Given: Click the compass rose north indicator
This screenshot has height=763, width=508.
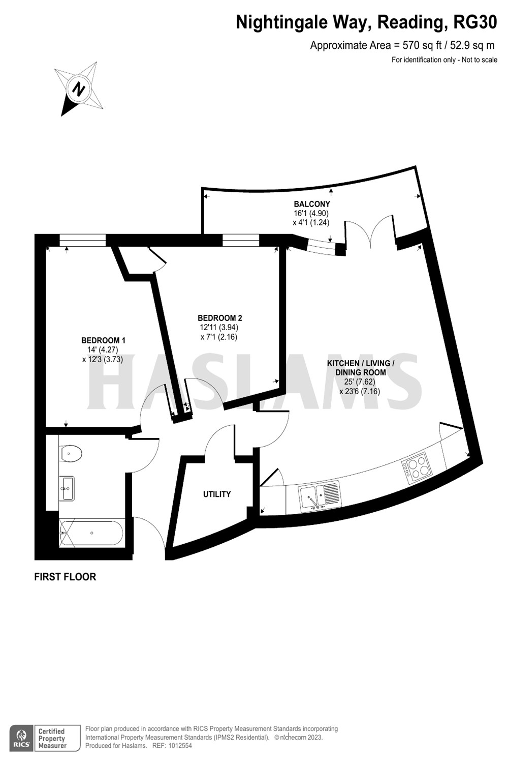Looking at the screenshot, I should click(79, 89).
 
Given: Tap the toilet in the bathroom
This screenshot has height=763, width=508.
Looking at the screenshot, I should click(71, 453).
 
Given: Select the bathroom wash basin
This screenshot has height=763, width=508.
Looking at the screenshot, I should click(66, 488).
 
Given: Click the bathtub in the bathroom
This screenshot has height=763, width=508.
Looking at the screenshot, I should click(91, 533).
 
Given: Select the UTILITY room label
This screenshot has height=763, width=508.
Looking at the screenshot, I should click(217, 494).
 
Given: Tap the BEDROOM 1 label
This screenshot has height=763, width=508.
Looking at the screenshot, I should click(104, 340).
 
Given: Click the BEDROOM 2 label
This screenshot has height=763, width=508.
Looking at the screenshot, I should click(219, 318).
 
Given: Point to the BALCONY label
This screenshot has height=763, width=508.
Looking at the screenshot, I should click(312, 204).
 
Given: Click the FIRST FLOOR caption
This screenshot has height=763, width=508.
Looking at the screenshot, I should click(65, 577).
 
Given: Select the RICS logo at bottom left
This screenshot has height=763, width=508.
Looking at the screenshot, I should click(21, 738).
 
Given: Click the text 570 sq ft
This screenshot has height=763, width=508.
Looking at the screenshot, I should click(420, 45).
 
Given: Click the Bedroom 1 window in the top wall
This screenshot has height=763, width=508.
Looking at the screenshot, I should click(82, 240).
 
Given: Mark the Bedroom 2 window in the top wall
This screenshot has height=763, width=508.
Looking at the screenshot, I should click(241, 240).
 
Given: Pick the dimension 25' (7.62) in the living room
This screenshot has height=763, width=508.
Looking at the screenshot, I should click(359, 382).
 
